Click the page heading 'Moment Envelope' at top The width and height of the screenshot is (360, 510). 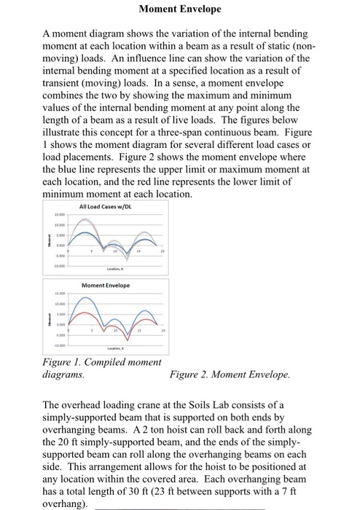(179, 9)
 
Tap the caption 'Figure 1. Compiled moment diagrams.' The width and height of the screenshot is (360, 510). (102, 367)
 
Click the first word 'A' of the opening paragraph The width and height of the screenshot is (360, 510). (47, 34)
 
